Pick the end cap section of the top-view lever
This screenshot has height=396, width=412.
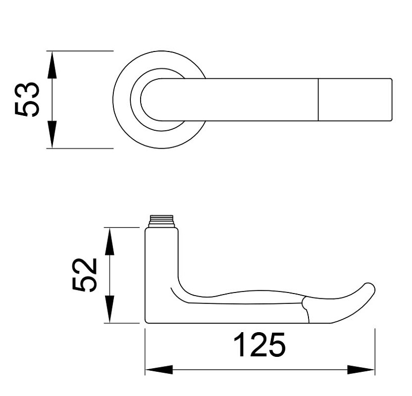[x=355, y=100]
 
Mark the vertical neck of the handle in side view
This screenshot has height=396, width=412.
[x=162, y=263]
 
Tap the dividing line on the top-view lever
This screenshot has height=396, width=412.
[x=319, y=100]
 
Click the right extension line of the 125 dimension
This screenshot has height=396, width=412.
[x=374, y=350]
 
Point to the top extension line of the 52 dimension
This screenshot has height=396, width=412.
[x=124, y=227]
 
